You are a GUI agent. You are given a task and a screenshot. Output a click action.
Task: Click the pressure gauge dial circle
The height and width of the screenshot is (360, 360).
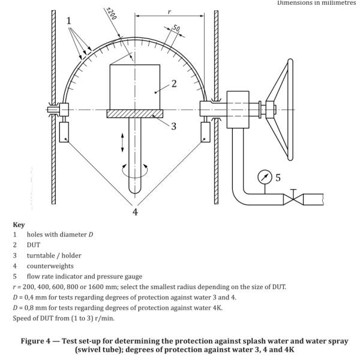coord(265,177)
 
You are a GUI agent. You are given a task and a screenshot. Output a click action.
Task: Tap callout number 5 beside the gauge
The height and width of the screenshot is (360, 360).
coord(278,178)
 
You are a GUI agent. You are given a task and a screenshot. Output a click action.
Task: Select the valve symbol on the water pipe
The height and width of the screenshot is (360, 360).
coord(293,199)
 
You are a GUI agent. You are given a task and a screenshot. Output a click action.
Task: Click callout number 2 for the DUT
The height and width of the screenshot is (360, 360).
coord(174,84)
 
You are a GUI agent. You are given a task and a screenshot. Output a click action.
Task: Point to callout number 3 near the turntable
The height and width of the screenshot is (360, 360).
coord(174,126)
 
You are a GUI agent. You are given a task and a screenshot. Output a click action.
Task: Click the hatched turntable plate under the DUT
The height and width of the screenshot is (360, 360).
coord(135,113)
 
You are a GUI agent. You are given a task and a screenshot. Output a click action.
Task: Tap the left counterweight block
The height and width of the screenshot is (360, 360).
coord(64,132)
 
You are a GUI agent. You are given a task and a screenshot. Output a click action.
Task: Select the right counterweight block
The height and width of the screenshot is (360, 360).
coord(205,132)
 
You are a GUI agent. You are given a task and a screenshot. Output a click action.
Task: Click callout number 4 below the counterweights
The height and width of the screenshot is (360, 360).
coord(135,212)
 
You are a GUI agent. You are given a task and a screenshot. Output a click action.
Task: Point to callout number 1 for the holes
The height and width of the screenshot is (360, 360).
coord(68,21)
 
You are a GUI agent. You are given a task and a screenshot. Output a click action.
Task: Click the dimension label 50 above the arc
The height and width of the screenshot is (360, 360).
coord(176,28)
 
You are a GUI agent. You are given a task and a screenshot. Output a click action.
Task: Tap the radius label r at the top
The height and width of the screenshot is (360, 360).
coord(169,11)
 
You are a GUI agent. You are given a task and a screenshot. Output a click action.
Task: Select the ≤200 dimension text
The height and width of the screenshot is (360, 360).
coord(112,14)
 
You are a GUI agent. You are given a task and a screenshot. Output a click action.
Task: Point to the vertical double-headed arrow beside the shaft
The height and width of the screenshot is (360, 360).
coord(122,142)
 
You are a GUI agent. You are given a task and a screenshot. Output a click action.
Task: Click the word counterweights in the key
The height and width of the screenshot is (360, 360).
coord(50,266)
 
